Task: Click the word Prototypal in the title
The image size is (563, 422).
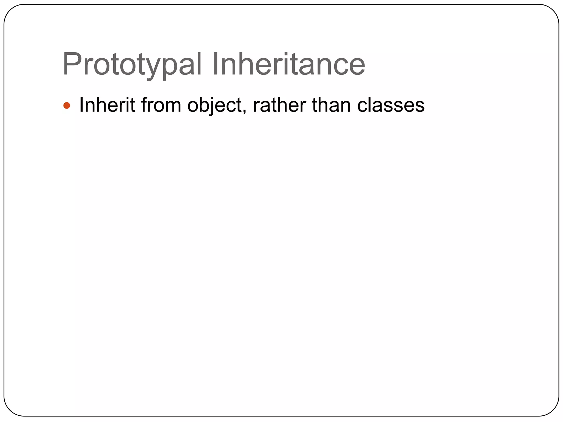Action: pos(132,65)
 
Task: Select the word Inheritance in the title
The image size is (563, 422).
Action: pos(288,65)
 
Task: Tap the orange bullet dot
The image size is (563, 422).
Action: pos(67,105)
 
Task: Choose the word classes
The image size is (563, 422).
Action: pos(391,105)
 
